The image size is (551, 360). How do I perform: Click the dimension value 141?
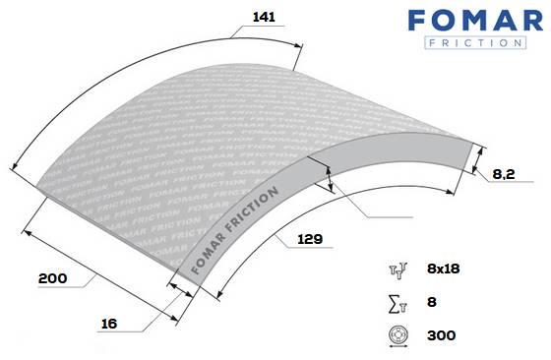point(264,17)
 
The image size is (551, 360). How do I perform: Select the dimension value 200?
point(53,278)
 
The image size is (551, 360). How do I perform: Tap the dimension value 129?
point(310,239)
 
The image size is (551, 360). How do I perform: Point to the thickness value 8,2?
point(504,174)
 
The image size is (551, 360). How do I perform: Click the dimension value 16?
point(109,324)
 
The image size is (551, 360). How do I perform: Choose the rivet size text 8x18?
point(444,269)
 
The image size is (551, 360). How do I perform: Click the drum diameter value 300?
point(442,335)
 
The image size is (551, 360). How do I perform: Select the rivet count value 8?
point(432,302)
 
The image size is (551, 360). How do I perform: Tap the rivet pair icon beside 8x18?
point(398,270)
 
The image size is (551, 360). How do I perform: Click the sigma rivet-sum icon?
point(398,305)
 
